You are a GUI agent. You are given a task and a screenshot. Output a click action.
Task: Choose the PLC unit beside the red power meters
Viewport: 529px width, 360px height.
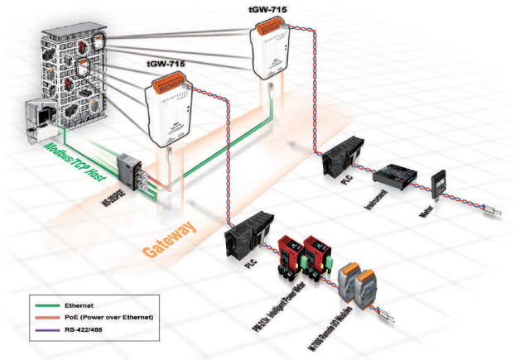pos(248,233)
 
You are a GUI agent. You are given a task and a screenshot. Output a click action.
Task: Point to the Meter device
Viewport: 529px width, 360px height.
pos(440,185)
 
